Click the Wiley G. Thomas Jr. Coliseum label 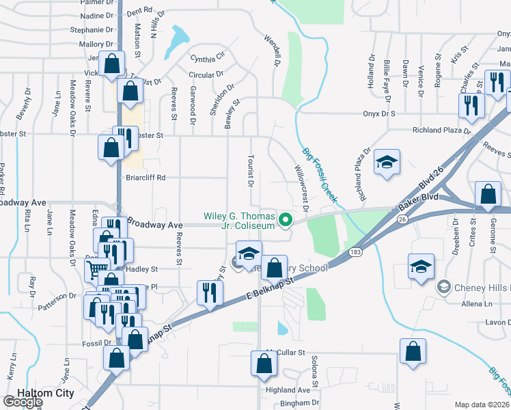(x=239, y=221)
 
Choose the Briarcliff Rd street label (x=145, y=178)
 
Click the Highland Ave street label (x=288, y=389)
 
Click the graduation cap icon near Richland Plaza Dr (x=387, y=163)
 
